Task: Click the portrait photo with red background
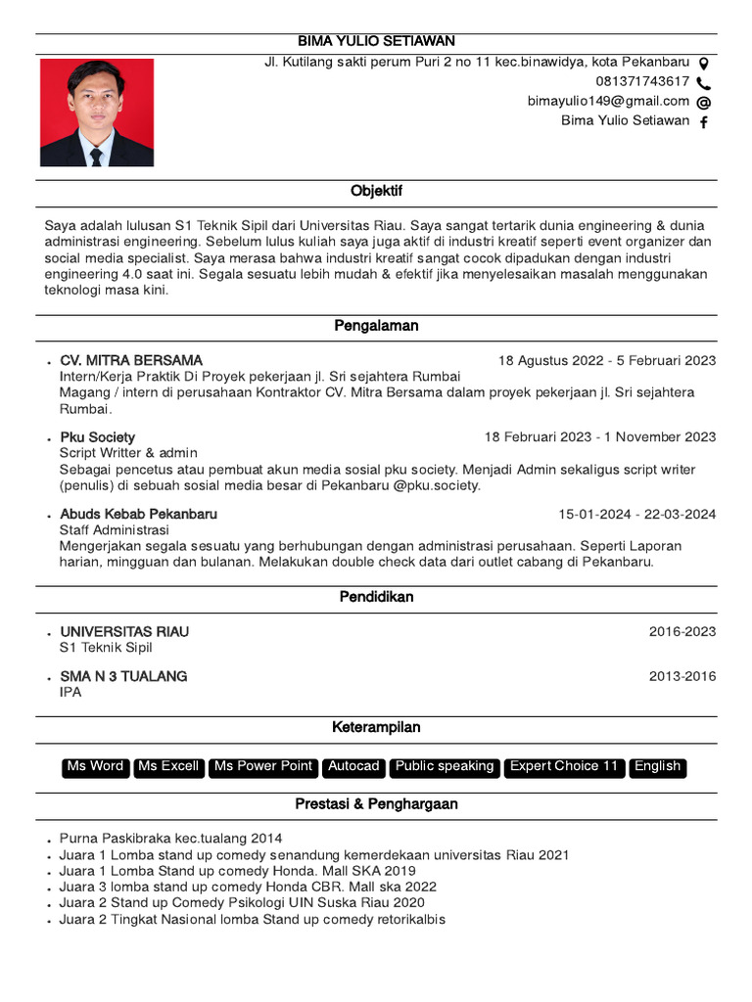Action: tap(96, 113)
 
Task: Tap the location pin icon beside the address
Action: tap(703, 62)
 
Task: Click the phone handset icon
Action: tap(703, 82)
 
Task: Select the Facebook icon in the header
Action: tap(703, 122)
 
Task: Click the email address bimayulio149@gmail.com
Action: tap(608, 101)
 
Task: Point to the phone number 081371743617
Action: tap(642, 81)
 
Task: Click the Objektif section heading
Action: tap(376, 191)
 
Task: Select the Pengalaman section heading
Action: tap(376, 326)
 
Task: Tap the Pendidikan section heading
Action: tap(376, 596)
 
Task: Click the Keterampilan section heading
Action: tap(376, 727)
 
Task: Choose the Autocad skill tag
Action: tap(352, 767)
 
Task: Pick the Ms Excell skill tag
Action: tap(168, 767)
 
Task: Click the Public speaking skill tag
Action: tap(445, 767)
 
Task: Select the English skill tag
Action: tap(657, 767)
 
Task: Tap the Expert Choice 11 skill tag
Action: tap(565, 767)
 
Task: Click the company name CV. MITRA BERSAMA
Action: tap(131, 360)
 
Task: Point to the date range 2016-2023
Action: tap(681, 632)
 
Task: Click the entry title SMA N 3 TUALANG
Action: tap(123, 676)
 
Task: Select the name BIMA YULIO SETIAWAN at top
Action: tap(376, 41)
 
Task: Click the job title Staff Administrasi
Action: tap(115, 530)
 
